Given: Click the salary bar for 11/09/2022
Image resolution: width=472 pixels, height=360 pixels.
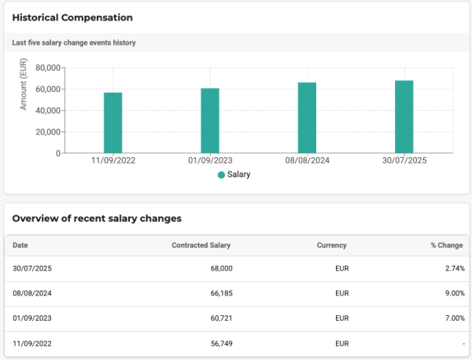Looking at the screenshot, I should [x=113, y=123].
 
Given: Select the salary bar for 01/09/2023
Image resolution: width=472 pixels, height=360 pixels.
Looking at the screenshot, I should [x=210, y=120].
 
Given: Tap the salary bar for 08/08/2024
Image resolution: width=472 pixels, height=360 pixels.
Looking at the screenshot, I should [x=307, y=118].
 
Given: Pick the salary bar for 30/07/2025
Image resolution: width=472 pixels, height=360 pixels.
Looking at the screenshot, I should [x=404, y=116].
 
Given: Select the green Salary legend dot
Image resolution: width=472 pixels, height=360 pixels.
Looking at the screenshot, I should [x=221, y=174].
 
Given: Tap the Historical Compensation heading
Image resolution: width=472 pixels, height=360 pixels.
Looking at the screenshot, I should [x=72, y=17].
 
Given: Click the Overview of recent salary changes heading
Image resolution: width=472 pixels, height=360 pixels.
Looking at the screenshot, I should [x=97, y=218].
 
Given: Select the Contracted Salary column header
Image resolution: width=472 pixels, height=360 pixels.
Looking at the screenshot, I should [x=201, y=245].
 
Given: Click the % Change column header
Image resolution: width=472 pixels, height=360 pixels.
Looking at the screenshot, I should [x=447, y=245].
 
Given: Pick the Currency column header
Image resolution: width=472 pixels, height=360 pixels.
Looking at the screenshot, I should [x=332, y=245].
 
